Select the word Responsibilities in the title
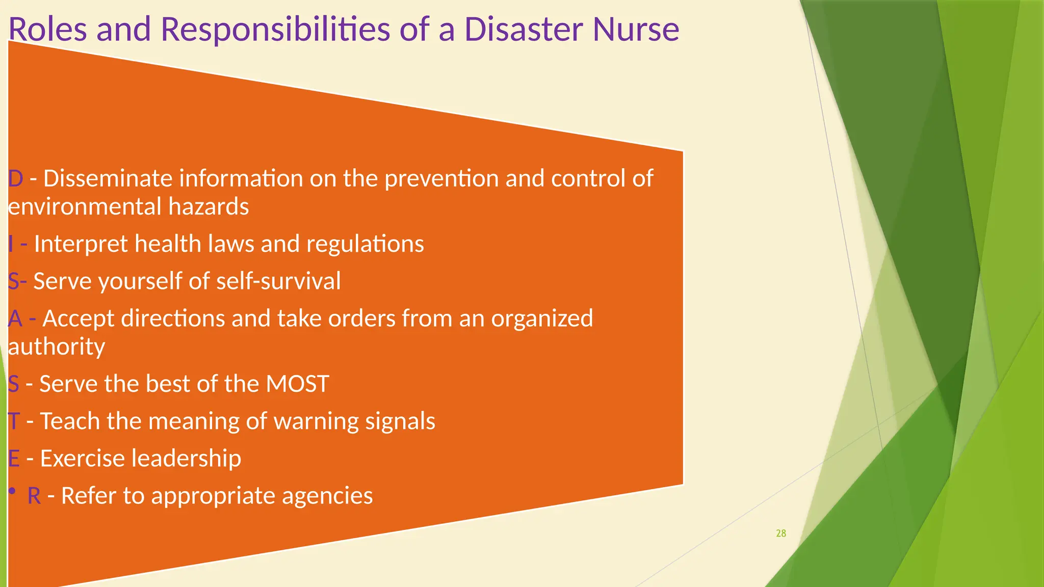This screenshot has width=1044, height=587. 275,30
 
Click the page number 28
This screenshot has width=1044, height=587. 781,533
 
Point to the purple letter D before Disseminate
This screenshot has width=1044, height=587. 15,179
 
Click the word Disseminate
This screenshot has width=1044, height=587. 109,179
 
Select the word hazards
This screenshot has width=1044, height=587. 208,207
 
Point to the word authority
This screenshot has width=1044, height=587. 57,347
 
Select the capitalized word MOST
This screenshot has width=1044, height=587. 298,384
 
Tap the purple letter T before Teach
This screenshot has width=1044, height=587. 13,421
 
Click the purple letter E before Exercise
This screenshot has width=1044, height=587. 14,459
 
